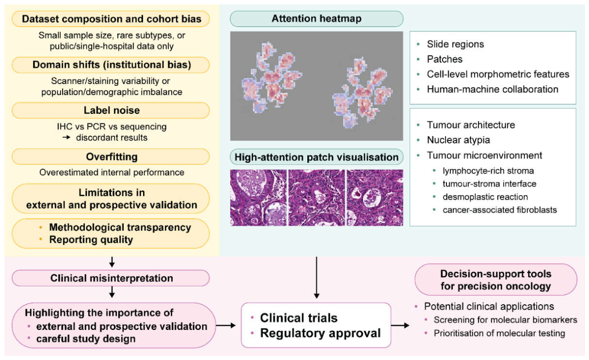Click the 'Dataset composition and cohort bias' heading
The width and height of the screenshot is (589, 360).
pos(111,19)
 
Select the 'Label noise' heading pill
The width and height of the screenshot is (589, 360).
pos(111,110)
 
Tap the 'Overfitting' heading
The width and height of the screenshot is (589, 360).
pos(111,156)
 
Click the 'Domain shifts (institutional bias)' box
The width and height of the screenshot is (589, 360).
pos(111,65)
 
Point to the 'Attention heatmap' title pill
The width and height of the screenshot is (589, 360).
pos(316,19)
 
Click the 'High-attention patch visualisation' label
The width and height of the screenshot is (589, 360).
pos(316,157)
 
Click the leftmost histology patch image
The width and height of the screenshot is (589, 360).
pos(258,197)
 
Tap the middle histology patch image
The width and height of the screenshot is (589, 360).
pos(317,197)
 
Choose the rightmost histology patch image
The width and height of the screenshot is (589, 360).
pos(374,197)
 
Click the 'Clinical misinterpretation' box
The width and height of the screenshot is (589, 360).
pos(111,278)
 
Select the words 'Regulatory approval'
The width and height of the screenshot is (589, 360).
pos(321,333)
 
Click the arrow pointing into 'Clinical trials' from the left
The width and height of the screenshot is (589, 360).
pos(226,325)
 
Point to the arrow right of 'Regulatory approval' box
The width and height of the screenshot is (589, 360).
pos(400,325)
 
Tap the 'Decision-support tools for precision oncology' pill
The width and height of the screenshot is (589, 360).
pos(496,280)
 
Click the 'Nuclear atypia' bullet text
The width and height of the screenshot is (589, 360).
pos(458,140)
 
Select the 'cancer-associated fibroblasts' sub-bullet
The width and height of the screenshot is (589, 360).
pos(500,210)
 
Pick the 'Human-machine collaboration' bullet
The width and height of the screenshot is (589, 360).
pos(492,89)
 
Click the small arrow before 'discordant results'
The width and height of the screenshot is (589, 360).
pos(67,138)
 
